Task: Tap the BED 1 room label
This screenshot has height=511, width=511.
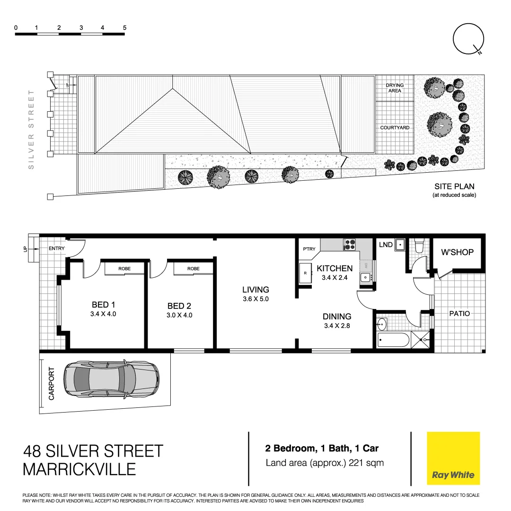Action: pyautogui.click(x=100, y=305)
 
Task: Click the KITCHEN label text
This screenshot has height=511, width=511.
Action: pyautogui.click(x=335, y=268)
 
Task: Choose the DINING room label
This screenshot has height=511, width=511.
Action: pyautogui.click(x=337, y=317)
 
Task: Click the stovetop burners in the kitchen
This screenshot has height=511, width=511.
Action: pyautogui.click(x=350, y=245)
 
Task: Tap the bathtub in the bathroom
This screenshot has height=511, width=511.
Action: pyautogui.click(x=393, y=339)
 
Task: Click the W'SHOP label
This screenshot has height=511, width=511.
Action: pyautogui.click(x=457, y=252)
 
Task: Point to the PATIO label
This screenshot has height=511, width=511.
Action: pyautogui.click(x=459, y=313)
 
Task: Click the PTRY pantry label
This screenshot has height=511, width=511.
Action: pyautogui.click(x=309, y=249)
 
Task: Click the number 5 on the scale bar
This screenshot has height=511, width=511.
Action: pyautogui.click(x=125, y=27)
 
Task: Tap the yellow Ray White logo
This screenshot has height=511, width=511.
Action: pyautogui.click(x=453, y=458)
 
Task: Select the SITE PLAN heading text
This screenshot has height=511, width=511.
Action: pyautogui.click(x=454, y=186)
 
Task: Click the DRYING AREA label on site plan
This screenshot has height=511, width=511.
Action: pyautogui.click(x=395, y=88)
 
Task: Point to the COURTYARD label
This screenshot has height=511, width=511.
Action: pyautogui.click(x=395, y=128)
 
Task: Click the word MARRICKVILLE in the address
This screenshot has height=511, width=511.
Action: pyautogui.click(x=79, y=469)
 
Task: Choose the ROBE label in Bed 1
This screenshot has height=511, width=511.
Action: pyautogui.click(x=124, y=269)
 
